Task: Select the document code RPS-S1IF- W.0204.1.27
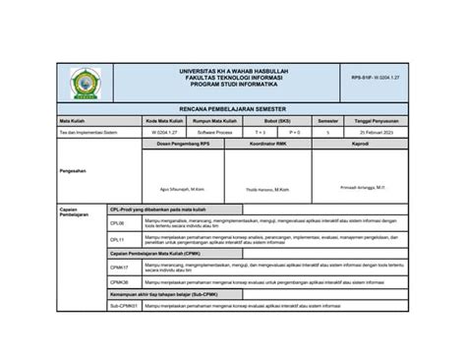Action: click(x=378, y=77)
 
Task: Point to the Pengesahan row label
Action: click(x=73, y=170)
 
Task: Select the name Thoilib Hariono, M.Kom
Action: click(x=266, y=189)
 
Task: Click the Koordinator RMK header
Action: click(x=266, y=143)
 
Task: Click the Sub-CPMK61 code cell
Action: click(x=122, y=306)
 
